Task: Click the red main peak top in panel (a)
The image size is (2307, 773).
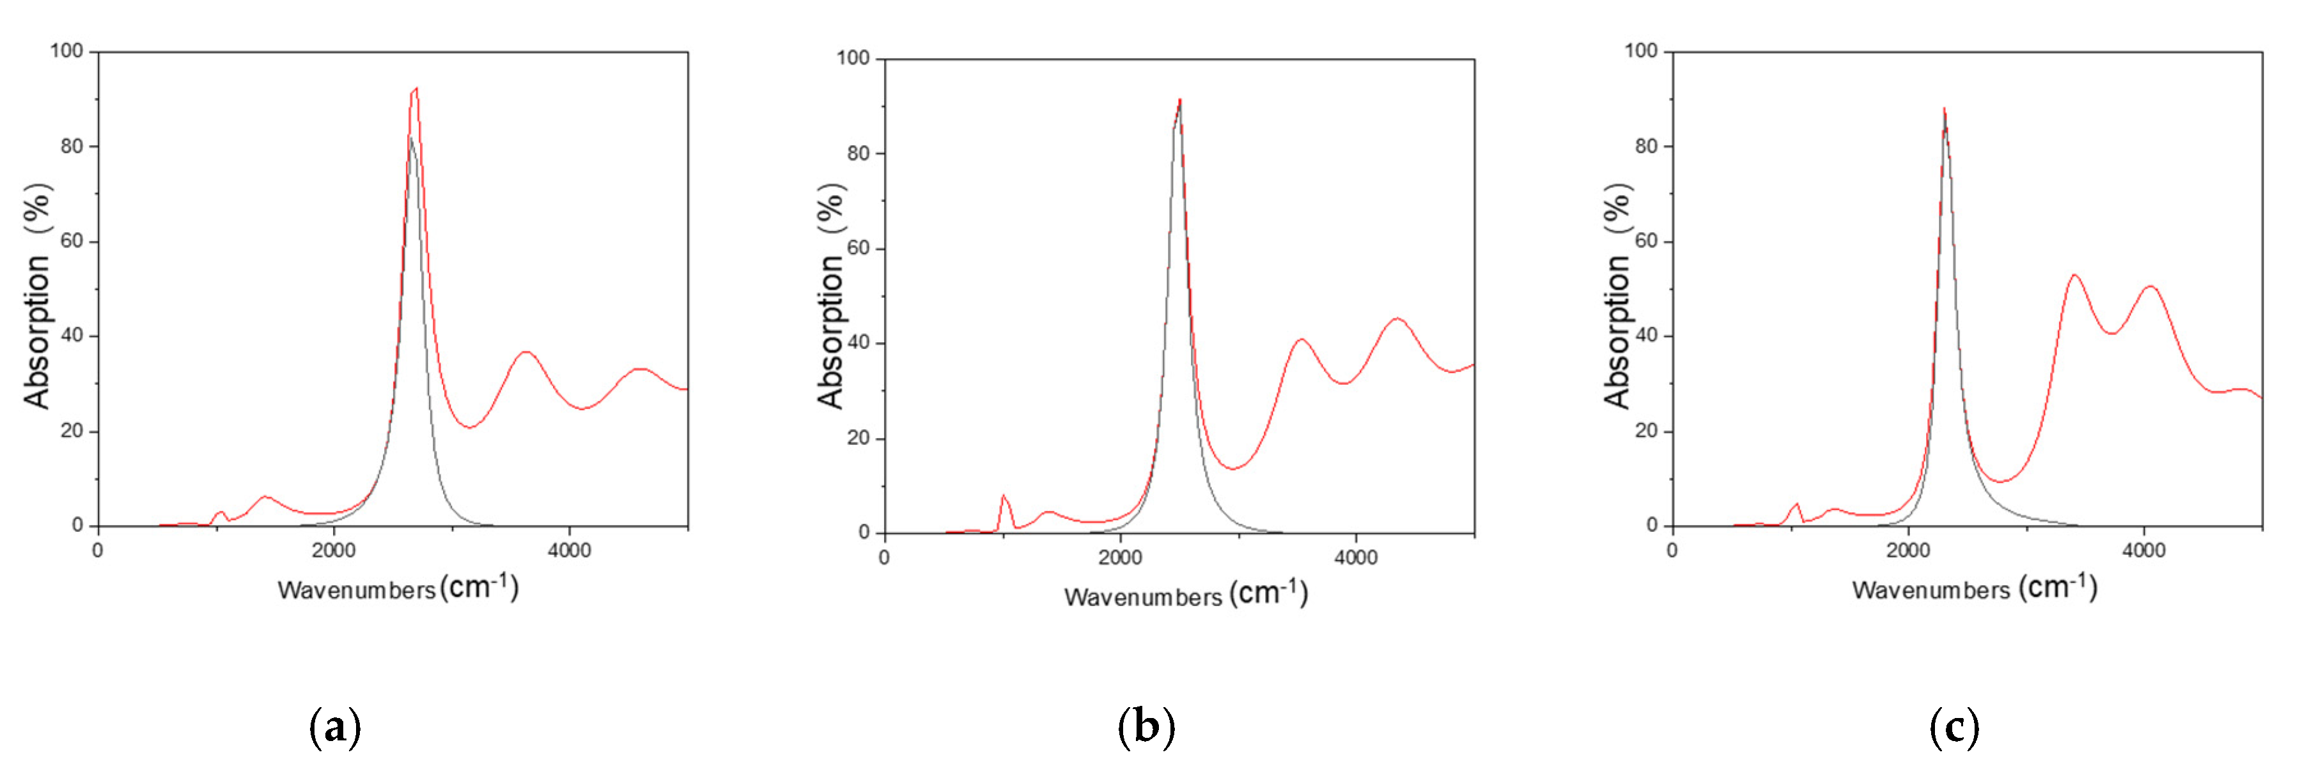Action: click(x=416, y=89)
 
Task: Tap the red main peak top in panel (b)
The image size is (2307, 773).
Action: click(x=1179, y=100)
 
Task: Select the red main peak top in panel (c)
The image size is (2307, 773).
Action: click(x=1943, y=109)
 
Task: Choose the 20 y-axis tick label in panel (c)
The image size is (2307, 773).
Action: click(x=1646, y=431)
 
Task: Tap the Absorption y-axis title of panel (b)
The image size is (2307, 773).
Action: click(x=830, y=331)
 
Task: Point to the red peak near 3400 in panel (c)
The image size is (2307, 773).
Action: click(x=2074, y=276)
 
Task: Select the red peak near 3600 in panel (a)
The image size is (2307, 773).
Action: click(x=525, y=353)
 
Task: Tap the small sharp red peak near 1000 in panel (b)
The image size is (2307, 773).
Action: click(x=1003, y=496)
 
